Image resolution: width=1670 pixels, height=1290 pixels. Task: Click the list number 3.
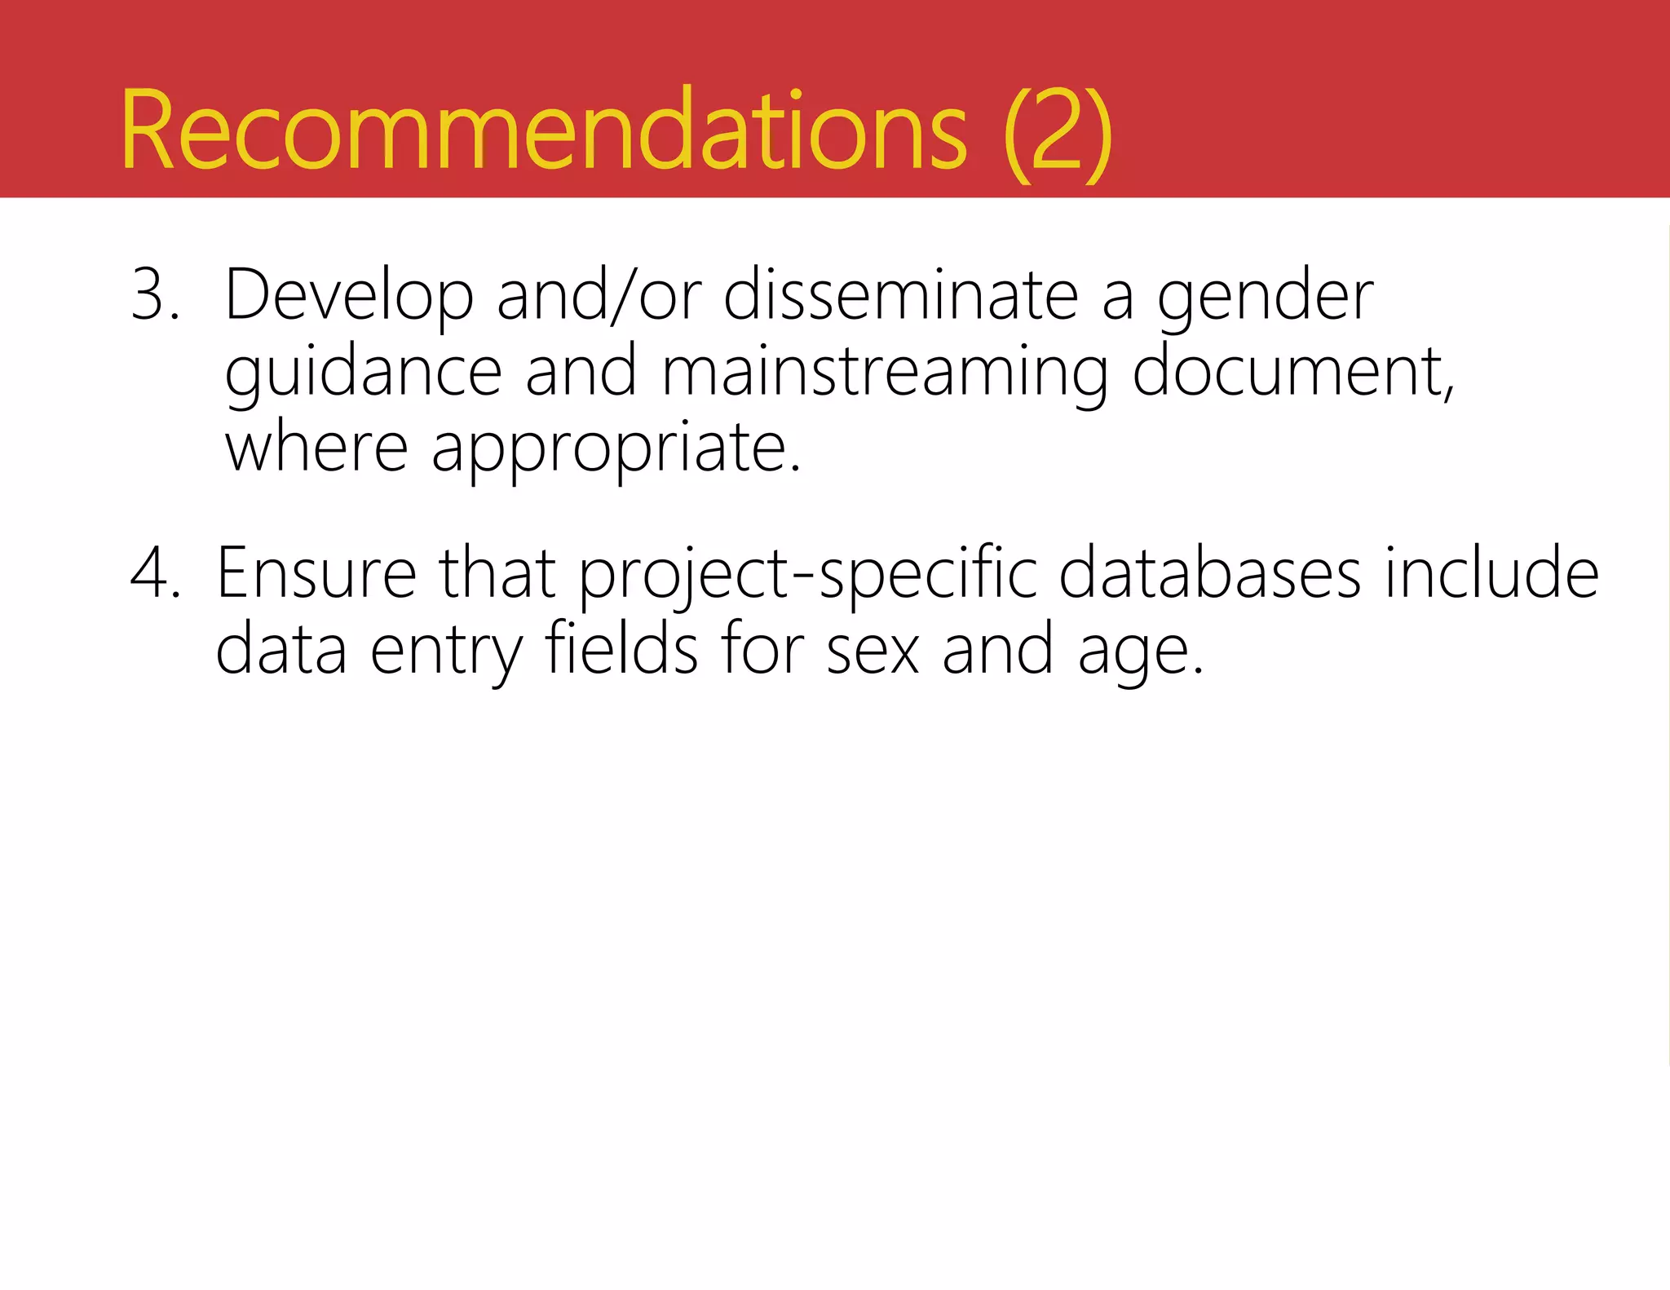(154, 294)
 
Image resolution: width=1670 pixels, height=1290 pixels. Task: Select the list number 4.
(155, 573)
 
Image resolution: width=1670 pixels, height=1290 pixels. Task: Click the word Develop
(349, 296)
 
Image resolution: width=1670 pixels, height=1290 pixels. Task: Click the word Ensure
(316, 573)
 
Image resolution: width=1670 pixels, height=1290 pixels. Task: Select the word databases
(1210, 573)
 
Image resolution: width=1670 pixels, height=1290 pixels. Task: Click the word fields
(621, 648)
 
